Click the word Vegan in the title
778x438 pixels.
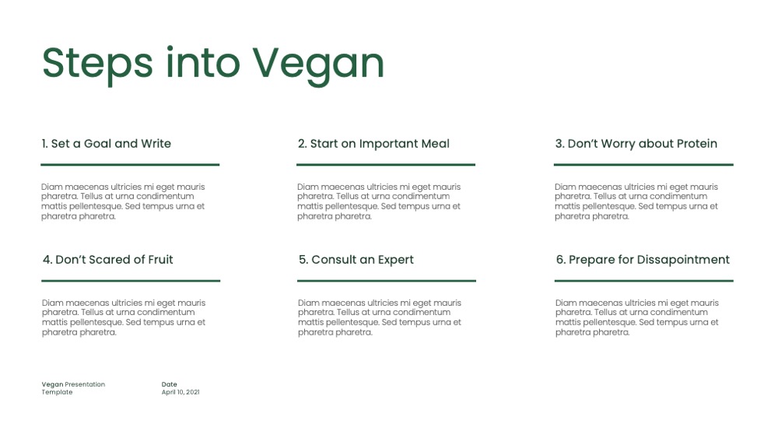pyautogui.click(x=318, y=65)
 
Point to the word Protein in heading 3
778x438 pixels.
pyautogui.click(x=697, y=143)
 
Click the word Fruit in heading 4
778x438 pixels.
pyautogui.click(x=160, y=259)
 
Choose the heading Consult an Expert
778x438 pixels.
pyautogui.click(x=356, y=260)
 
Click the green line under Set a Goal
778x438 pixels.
pyautogui.click(x=130, y=164)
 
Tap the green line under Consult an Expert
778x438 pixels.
pyautogui.click(x=387, y=280)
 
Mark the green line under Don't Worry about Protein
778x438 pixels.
pyautogui.click(x=643, y=164)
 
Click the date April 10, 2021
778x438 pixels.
pyautogui.click(x=180, y=392)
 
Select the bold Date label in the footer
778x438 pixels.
pyautogui.click(x=169, y=384)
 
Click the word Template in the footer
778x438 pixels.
pyautogui.click(x=57, y=392)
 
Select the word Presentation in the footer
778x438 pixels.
pyautogui.click(x=85, y=384)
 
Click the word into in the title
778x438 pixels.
pyautogui.click(x=203, y=63)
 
